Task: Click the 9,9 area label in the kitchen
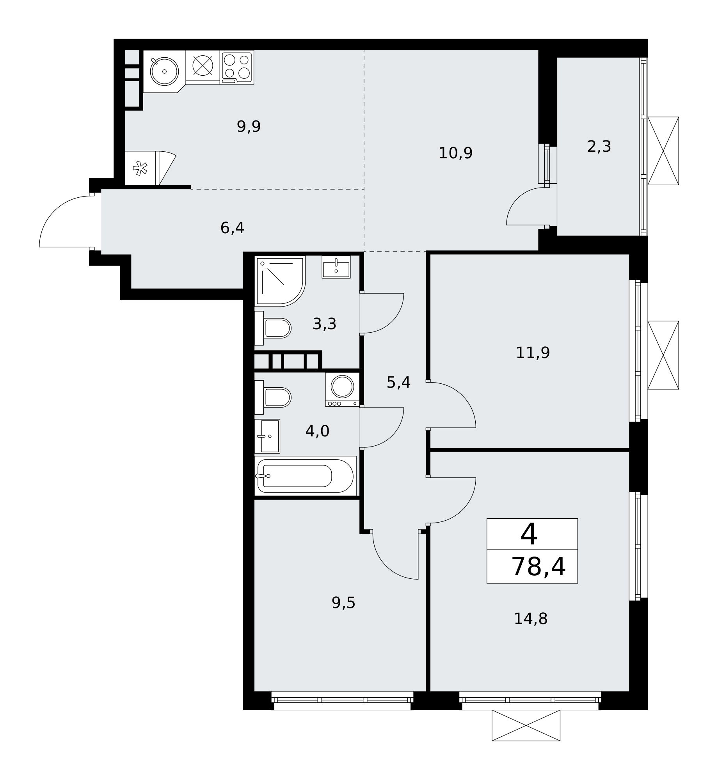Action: point(249,127)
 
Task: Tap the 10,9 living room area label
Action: point(455,153)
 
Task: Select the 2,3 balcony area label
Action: point(599,147)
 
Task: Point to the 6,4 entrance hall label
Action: point(232,228)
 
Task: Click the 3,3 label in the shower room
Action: point(324,324)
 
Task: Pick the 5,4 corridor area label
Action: point(398,382)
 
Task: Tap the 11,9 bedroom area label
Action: point(533,353)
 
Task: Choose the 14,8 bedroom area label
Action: point(531,619)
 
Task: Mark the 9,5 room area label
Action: point(343,603)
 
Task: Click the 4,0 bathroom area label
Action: point(317,431)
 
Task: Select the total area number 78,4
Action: point(538,567)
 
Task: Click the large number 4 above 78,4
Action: point(529,535)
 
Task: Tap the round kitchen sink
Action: point(164,71)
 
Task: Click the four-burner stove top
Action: point(237,67)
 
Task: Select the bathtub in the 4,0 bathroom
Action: point(306,476)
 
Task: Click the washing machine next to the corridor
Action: point(342,389)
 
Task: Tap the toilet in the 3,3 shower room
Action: point(273,328)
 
